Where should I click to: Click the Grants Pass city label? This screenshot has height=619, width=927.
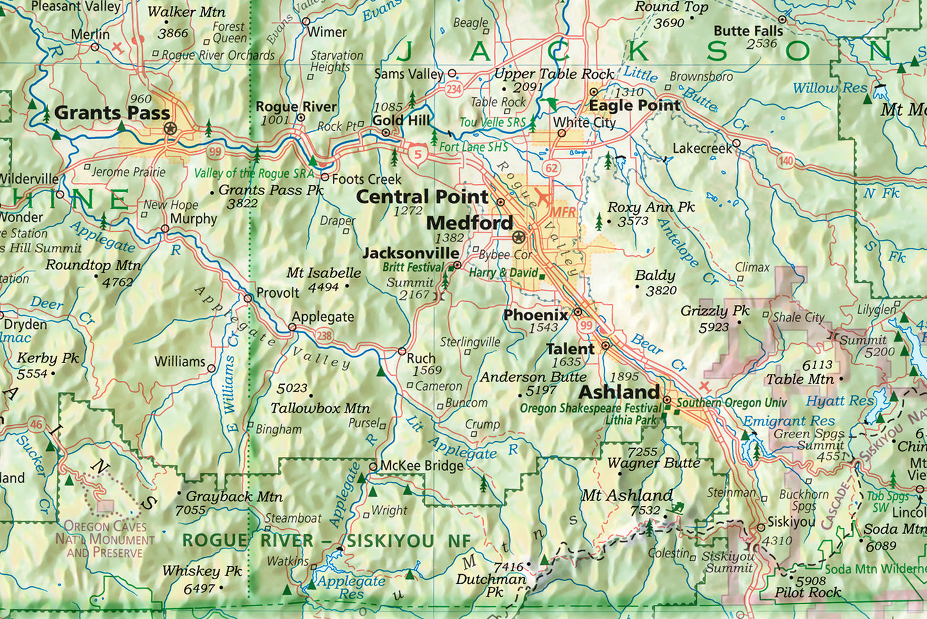click(112, 113)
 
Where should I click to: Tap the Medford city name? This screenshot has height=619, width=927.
click(470, 223)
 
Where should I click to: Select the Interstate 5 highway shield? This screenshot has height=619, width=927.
click(418, 154)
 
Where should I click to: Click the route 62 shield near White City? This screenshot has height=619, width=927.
click(552, 169)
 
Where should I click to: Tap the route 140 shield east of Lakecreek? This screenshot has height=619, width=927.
click(786, 161)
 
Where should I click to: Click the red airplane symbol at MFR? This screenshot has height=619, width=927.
click(543, 196)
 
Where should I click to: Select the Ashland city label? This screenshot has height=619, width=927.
click(619, 392)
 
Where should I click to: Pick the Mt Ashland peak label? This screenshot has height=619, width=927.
click(627, 495)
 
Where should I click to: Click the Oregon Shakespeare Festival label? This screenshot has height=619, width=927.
click(590, 409)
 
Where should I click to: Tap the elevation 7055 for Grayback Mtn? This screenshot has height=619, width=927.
click(191, 511)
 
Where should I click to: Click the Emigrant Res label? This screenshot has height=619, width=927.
click(788, 421)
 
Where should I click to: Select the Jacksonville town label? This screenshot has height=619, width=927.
click(411, 253)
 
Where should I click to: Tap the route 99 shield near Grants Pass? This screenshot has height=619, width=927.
click(214, 152)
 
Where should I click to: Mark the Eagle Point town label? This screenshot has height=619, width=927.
click(634, 105)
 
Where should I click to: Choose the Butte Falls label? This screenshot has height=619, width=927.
click(748, 31)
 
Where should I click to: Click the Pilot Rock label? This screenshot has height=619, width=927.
click(807, 593)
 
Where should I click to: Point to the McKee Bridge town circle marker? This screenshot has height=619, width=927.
click(373, 466)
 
